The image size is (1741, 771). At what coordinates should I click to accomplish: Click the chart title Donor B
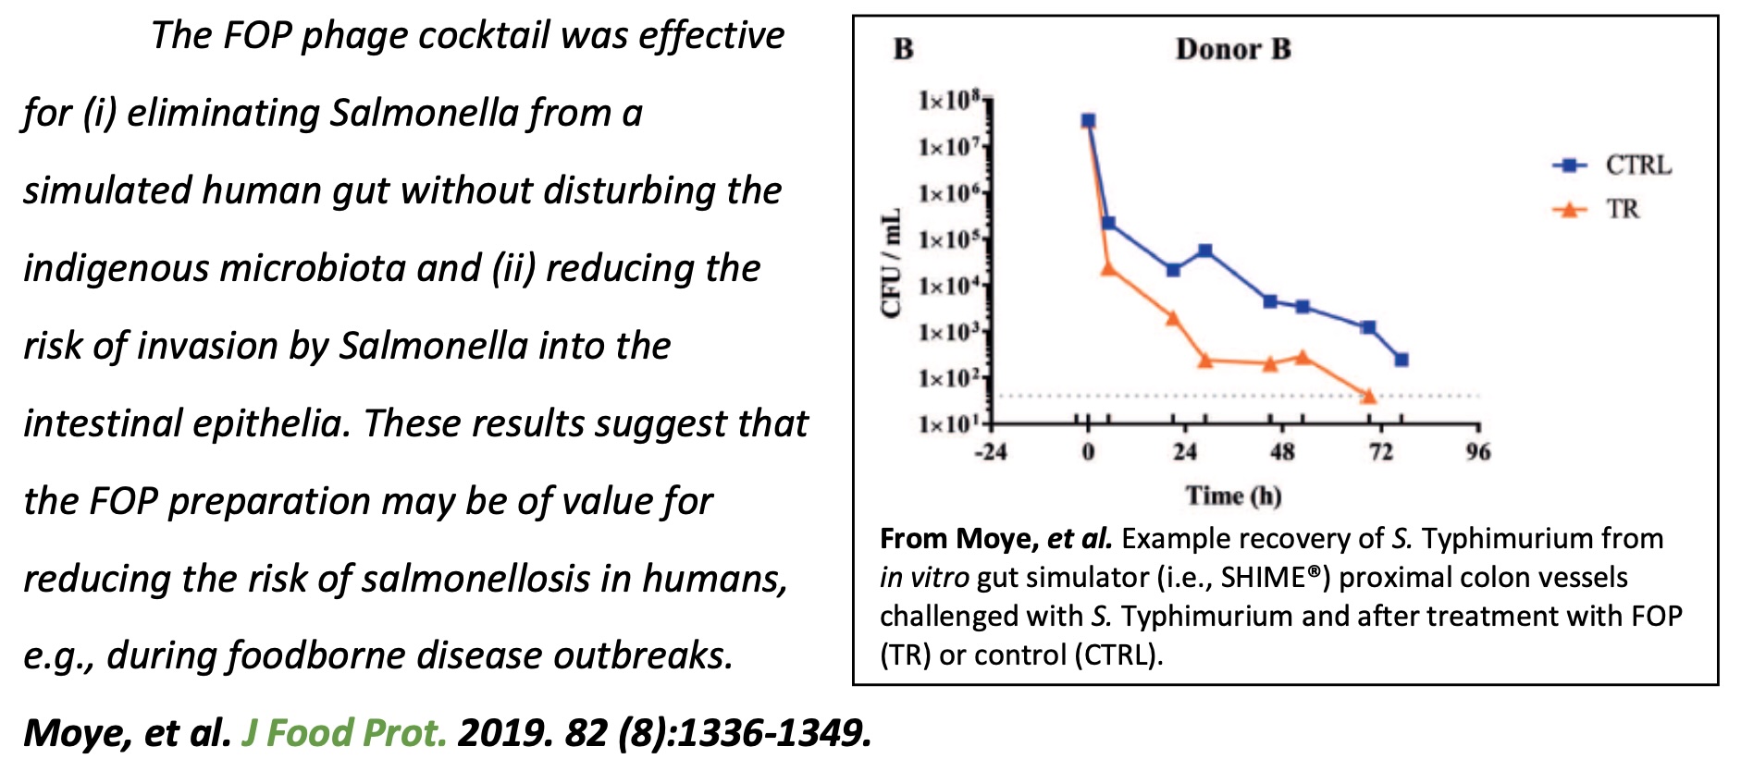(1232, 49)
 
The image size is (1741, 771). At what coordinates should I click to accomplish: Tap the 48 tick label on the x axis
(1282, 452)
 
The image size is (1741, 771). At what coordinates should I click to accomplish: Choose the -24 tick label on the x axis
(990, 452)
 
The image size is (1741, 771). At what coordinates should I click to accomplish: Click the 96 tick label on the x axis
(1478, 452)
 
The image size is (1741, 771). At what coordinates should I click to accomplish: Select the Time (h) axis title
(1233, 496)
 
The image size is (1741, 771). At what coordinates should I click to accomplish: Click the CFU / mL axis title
(891, 264)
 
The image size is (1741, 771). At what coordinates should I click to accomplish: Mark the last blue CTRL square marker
(1401, 360)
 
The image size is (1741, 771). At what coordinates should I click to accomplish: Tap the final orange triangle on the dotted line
(1369, 397)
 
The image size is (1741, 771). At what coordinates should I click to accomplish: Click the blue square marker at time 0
(1088, 121)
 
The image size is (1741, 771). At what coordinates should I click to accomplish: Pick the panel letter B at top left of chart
(904, 49)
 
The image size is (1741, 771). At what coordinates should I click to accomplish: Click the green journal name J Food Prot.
(344, 733)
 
